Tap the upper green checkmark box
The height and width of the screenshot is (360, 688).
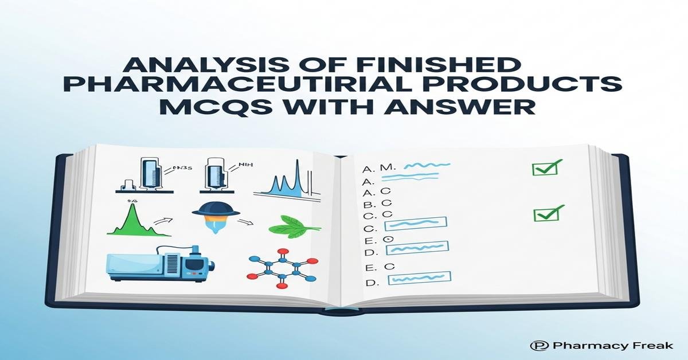[x=544, y=168]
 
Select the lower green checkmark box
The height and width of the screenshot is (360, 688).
[x=546, y=214]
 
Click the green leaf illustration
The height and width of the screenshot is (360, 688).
[x=292, y=226]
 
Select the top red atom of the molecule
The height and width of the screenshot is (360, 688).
[x=282, y=252]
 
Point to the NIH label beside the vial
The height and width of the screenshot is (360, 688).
[x=245, y=165]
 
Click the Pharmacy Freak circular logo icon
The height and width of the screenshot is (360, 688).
[x=537, y=346]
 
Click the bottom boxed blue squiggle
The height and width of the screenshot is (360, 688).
[x=419, y=279]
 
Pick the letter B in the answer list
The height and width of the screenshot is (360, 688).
[x=368, y=204]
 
